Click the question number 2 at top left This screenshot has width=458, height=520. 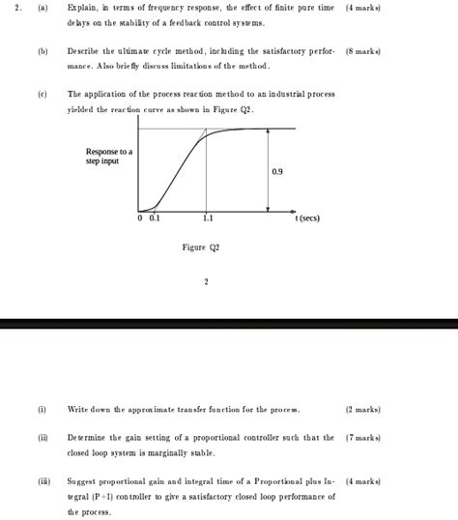click(x=14, y=8)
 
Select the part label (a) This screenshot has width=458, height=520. click(x=43, y=8)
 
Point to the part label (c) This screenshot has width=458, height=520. click(x=43, y=95)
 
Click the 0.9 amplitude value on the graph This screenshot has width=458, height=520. click(x=277, y=171)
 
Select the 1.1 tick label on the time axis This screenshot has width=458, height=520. click(x=208, y=218)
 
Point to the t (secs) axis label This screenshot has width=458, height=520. click(x=307, y=218)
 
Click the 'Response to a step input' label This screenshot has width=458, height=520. click(x=109, y=157)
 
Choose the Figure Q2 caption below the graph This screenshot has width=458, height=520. click(x=201, y=248)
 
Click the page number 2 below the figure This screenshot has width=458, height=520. click(x=206, y=282)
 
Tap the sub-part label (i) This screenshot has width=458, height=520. click(x=43, y=410)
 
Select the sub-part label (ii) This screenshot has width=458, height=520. click(x=43, y=438)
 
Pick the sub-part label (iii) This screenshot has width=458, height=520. click(x=43, y=480)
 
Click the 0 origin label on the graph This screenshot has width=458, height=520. click(x=140, y=218)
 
